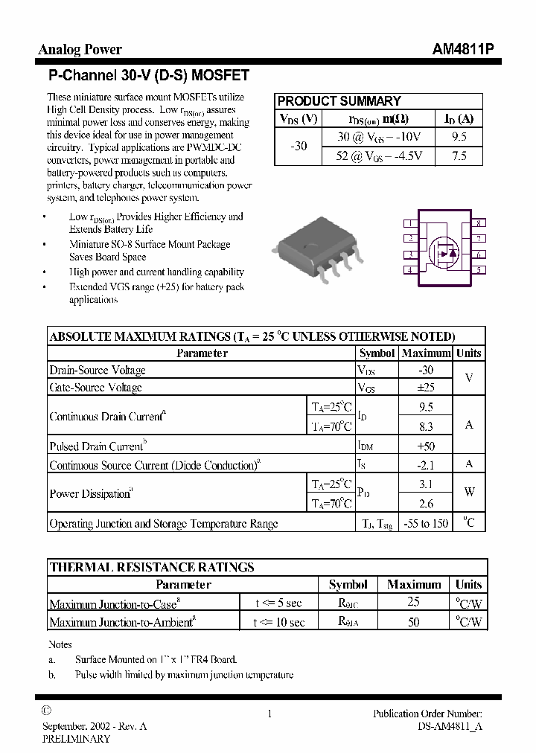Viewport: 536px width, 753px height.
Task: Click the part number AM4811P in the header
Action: (x=462, y=50)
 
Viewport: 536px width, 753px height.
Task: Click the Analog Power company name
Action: (x=80, y=50)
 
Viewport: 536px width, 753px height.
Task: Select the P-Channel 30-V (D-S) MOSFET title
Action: (x=148, y=75)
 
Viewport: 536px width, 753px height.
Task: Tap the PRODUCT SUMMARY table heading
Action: (x=339, y=101)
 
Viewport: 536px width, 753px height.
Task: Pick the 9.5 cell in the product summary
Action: (x=459, y=137)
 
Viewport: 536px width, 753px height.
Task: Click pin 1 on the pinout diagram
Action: (x=409, y=223)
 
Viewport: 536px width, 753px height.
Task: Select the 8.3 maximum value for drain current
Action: (x=426, y=427)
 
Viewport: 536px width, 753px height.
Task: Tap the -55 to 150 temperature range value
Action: (x=426, y=524)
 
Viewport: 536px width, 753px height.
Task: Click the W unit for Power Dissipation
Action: (x=469, y=493)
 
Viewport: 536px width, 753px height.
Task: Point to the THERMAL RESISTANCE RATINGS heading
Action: (x=152, y=567)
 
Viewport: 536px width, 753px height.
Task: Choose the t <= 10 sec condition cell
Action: (x=278, y=622)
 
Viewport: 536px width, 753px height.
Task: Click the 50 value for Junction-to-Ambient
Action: (x=414, y=622)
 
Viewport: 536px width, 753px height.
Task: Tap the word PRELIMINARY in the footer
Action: (x=76, y=739)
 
